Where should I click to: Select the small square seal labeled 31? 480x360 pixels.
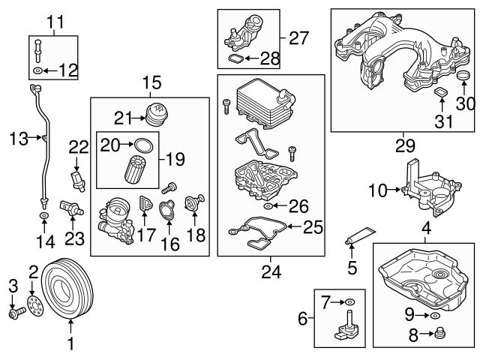[x=441, y=91]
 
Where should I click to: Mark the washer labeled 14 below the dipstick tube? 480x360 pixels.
[x=44, y=217]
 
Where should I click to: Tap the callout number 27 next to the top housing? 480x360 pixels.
[x=298, y=37]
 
